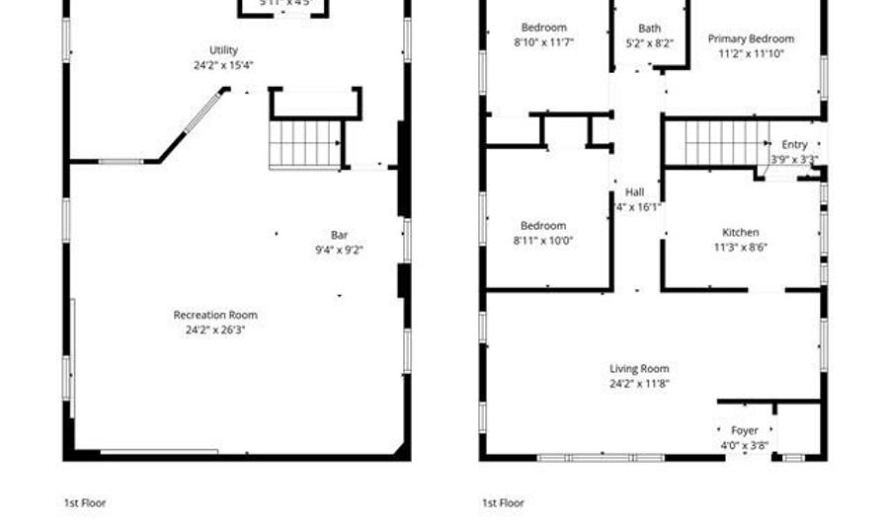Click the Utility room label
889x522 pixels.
[223, 50]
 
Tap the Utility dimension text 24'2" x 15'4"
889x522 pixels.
[223, 65]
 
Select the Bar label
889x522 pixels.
[339, 235]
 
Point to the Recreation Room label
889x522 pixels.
[215, 315]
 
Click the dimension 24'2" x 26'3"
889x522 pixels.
[215, 330]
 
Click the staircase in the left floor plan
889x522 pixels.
[305, 144]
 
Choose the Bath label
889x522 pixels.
[649, 29]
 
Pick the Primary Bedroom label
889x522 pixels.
[751, 39]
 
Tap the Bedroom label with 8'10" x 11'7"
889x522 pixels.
[544, 28]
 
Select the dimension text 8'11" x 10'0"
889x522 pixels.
[543, 240]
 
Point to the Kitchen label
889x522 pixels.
[740, 233]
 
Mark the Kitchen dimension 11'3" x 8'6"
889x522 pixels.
[740, 248]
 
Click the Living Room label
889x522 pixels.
[639, 369]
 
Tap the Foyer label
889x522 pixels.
[744, 430]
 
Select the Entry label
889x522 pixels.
[794, 145]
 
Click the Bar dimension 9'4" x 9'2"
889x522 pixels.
[339, 250]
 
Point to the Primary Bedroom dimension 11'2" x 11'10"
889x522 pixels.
[751, 54]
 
